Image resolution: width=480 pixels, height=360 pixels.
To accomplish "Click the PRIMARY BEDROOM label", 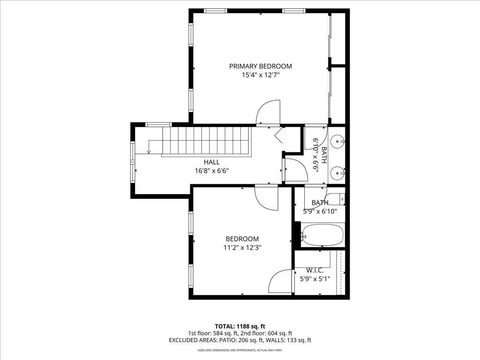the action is (x=261, y=66).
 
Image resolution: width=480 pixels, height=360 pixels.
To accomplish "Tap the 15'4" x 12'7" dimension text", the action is (x=261, y=75).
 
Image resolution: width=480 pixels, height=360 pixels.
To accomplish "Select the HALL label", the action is (x=212, y=162).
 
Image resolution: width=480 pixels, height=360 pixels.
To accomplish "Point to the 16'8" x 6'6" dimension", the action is (x=212, y=171).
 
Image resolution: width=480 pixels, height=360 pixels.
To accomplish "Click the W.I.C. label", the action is (x=315, y=270).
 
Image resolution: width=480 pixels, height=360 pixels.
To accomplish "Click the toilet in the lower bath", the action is (x=336, y=199).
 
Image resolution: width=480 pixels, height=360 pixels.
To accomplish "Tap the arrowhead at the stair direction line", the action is (x=149, y=152).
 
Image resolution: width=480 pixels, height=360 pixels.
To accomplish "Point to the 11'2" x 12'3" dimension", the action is (x=242, y=247).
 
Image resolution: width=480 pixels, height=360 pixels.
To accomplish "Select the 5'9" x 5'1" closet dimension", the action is (x=315, y=279).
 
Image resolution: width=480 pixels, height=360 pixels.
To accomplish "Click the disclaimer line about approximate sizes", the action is (x=240, y=350).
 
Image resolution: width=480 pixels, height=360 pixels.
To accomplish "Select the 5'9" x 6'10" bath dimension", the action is (x=320, y=211).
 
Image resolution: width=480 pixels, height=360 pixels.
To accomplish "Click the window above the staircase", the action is (x=158, y=124).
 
